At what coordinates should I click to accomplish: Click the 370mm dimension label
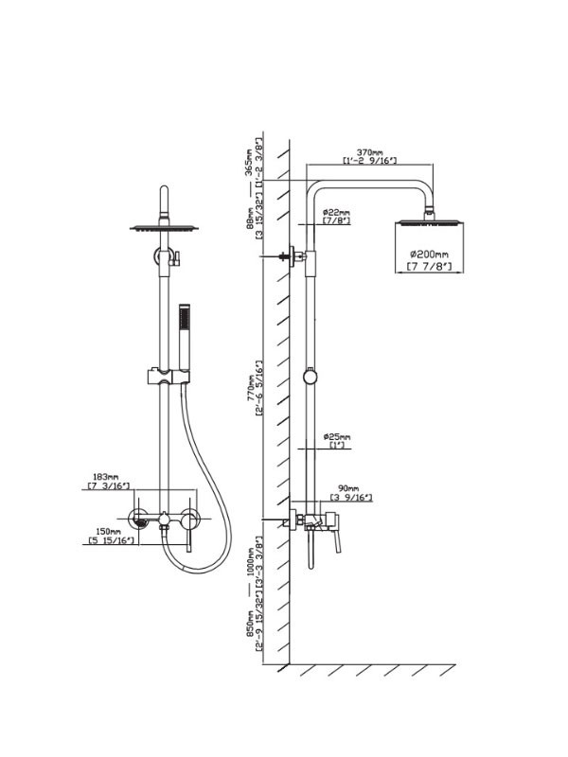click(x=369, y=151)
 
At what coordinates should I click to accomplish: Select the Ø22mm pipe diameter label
click(x=336, y=212)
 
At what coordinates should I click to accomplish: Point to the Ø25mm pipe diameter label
click(x=336, y=437)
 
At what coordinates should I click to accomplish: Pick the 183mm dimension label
click(x=106, y=476)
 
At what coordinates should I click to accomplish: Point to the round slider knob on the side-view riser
click(x=308, y=376)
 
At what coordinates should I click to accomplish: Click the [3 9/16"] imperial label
click(x=350, y=497)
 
